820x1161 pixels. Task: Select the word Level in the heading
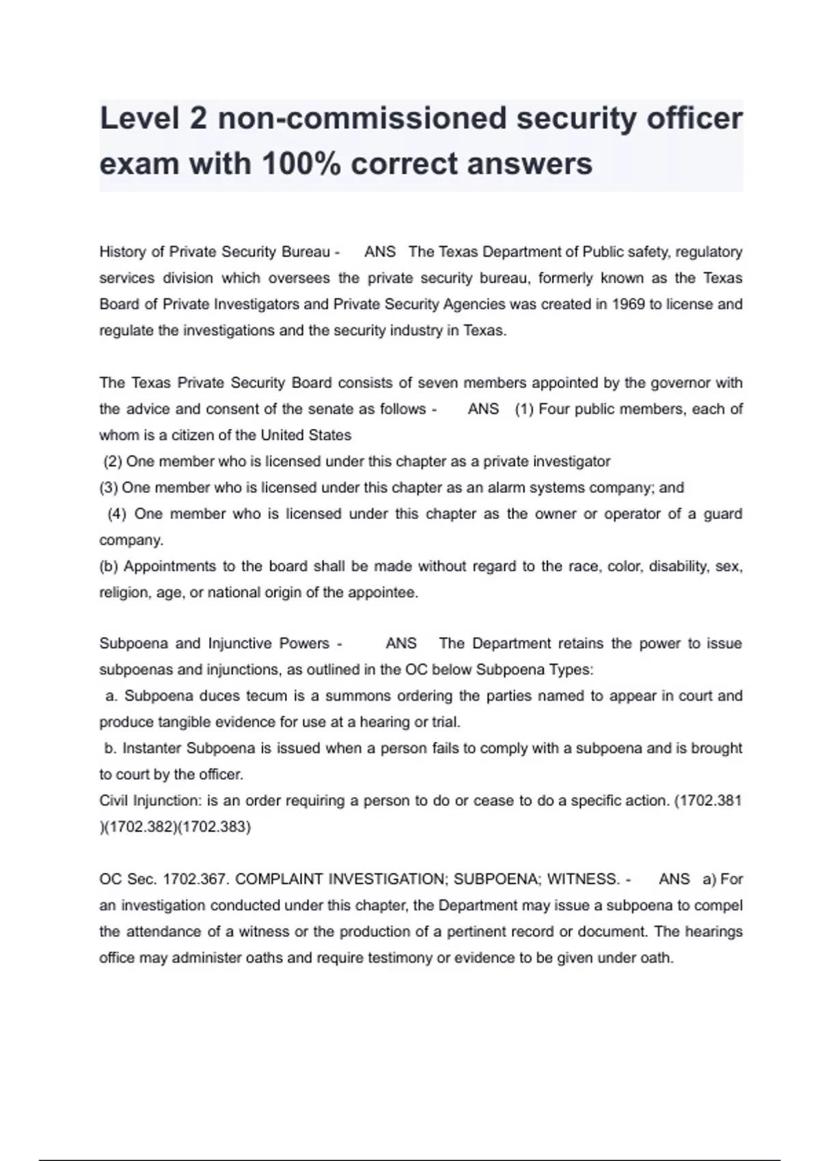pos(139,118)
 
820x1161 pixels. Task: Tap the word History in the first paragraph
pos(122,252)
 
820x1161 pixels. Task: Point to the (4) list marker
pos(117,514)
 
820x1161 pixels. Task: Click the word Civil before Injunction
pos(113,800)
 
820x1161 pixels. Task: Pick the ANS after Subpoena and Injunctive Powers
pos(401,643)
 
